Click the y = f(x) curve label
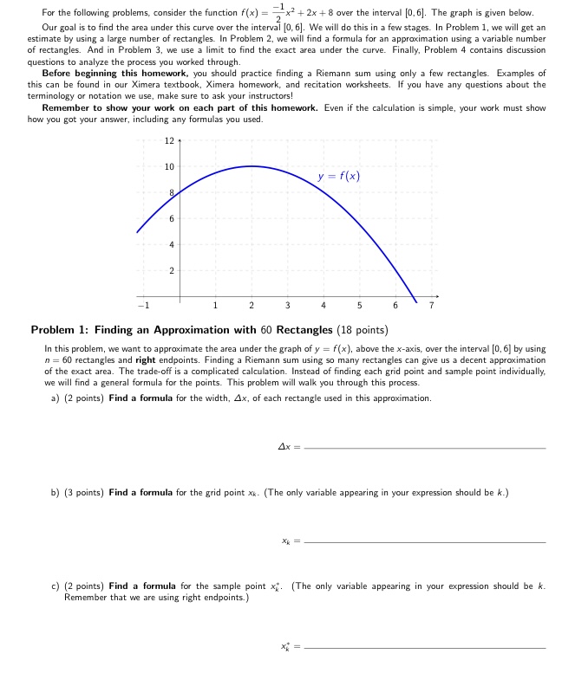point(338,176)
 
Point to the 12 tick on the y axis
point(169,140)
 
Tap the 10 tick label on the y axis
point(169,166)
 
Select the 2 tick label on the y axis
point(171,271)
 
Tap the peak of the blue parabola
point(252,166)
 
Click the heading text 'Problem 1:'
point(62,329)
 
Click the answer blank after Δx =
point(427,447)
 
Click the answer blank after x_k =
point(427,540)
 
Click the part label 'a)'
point(56,398)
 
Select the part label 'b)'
point(56,492)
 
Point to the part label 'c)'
point(56,586)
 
